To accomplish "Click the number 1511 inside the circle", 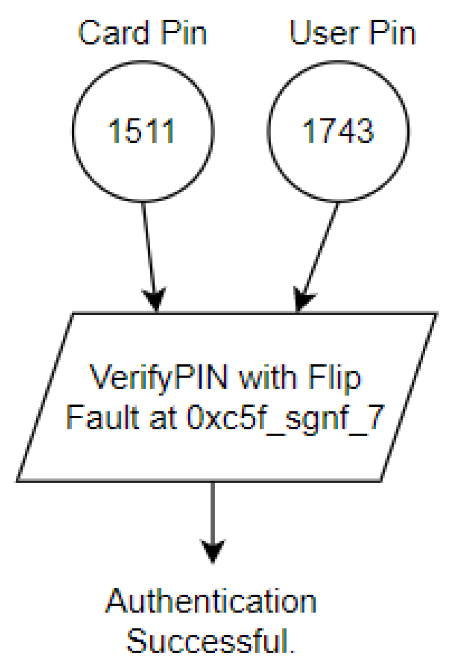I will coord(142,131).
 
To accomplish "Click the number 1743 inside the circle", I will coord(338,131).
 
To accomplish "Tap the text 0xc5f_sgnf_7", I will coord(285,418).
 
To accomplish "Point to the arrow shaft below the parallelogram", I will coord(213,510).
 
